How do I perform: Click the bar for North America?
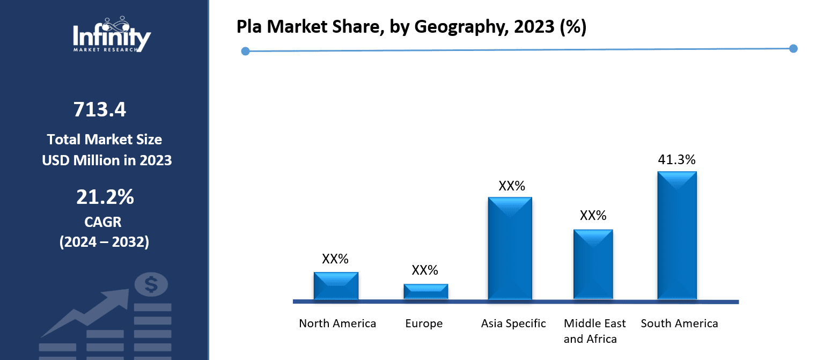[336, 285]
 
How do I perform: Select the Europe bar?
[425, 291]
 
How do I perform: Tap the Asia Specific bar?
[510, 248]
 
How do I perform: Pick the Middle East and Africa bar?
[593, 264]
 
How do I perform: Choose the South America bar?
[677, 235]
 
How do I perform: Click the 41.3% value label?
[677, 159]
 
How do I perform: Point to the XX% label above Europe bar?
[425, 270]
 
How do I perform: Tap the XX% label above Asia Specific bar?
[512, 186]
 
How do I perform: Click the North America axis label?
[337, 324]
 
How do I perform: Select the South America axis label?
[679, 324]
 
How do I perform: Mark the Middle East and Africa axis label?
[594, 331]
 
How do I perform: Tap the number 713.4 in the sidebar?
[100, 109]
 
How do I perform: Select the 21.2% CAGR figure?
[105, 197]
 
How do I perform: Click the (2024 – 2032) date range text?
[104, 242]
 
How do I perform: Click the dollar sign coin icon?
[151, 284]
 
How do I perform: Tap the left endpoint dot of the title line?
[245, 52]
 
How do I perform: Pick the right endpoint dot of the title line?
[793, 49]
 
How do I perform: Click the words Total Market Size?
[104, 139]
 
